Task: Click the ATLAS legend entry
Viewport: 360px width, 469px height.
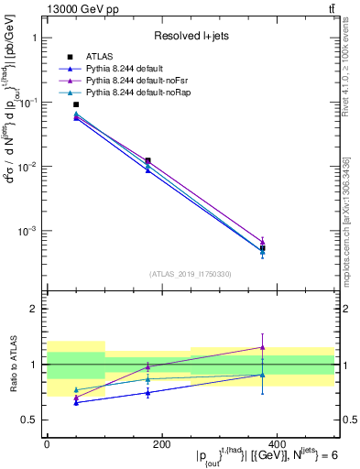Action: (x=101, y=58)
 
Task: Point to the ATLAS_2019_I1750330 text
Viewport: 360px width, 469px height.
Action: (x=191, y=274)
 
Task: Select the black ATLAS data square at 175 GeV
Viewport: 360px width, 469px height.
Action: (x=147, y=160)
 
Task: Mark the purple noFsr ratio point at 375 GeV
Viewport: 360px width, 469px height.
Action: (x=262, y=347)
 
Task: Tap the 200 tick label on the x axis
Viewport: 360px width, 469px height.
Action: (x=161, y=442)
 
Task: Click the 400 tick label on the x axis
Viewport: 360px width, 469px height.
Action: (x=276, y=442)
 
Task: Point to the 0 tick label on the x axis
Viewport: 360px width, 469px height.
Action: (x=47, y=442)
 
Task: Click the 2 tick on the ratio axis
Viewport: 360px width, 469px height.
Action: (x=33, y=309)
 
